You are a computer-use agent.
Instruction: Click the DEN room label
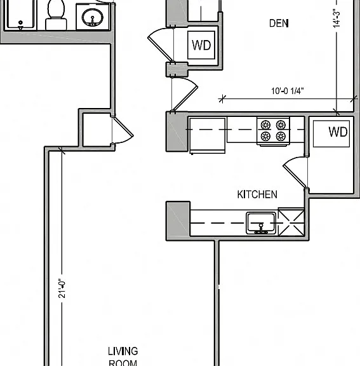click(x=279, y=24)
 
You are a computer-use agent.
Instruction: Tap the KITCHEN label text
click(x=257, y=194)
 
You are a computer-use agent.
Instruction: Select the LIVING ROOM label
click(x=123, y=356)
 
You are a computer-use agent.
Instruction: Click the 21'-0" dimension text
click(x=62, y=288)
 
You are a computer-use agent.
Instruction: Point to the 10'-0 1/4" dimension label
click(x=288, y=91)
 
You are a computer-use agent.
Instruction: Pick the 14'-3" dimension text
click(x=337, y=18)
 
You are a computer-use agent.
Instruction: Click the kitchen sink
click(x=261, y=222)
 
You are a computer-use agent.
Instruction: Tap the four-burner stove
click(x=273, y=131)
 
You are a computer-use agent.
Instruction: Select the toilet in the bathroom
click(x=56, y=15)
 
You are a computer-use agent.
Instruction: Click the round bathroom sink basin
click(x=92, y=17)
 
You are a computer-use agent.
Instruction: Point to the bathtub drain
click(x=20, y=23)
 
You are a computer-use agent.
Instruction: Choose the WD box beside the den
click(x=201, y=45)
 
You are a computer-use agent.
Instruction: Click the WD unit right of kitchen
click(x=331, y=133)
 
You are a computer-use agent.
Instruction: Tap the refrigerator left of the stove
click(x=207, y=135)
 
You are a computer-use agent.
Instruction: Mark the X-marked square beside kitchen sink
click(x=291, y=222)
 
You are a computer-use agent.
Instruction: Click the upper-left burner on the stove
click(x=265, y=125)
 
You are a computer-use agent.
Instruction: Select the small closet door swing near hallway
click(x=123, y=130)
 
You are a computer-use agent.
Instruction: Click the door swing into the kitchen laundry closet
click(x=295, y=172)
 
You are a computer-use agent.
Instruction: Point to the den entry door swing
click(x=185, y=94)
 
